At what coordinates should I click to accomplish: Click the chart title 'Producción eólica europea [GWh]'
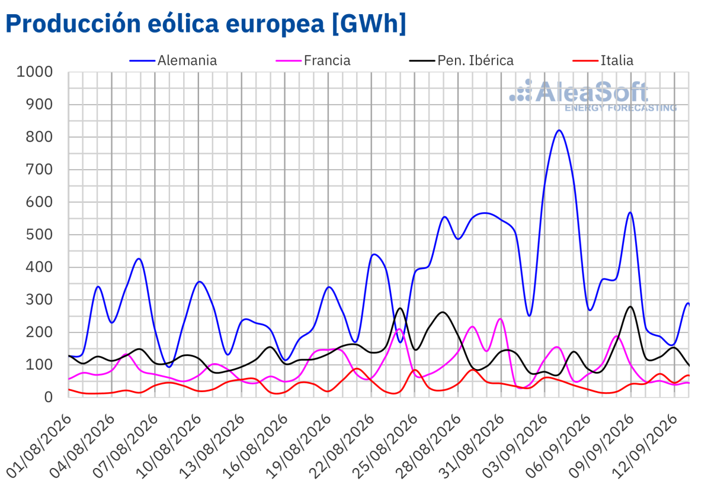(206, 24)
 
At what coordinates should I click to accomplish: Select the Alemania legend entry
(173, 60)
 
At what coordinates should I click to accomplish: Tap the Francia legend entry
(313, 60)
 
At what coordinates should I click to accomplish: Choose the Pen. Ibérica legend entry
(462, 60)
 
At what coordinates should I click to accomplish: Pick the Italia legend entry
(603, 60)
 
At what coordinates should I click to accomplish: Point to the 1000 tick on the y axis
(34, 72)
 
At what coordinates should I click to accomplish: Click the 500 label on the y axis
(39, 235)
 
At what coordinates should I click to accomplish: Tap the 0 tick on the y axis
(48, 397)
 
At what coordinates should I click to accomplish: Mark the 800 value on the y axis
(39, 137)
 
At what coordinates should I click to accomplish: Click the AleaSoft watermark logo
(593, 95)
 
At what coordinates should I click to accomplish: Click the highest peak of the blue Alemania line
(559, 130)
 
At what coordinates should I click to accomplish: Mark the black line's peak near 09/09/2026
(630, 307)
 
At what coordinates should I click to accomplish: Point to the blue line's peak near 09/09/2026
(630, 212)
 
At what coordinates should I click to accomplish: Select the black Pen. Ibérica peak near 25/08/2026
(401, 308)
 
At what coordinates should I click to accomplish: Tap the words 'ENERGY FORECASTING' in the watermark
(621, 108)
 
